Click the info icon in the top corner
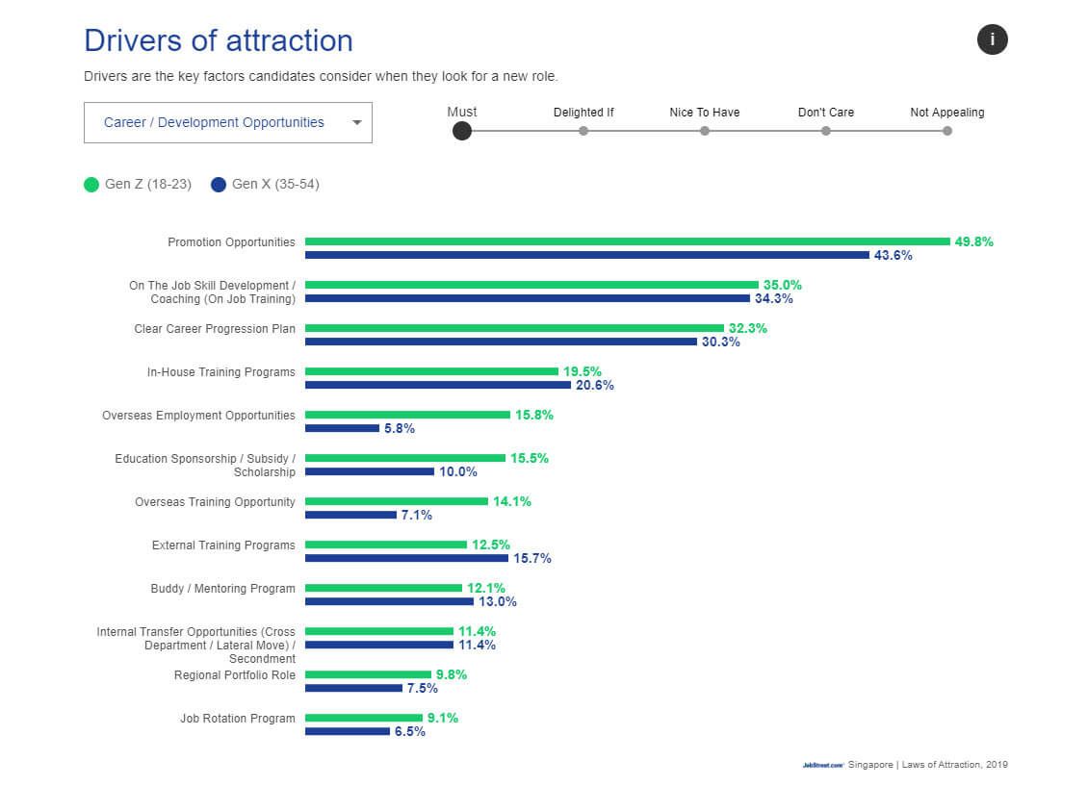pos(992,39)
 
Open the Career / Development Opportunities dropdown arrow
pos(357,123)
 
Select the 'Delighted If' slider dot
pos(583,131)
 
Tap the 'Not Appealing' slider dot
pos(947,131)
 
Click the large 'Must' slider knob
pos(462,131)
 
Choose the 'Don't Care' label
pos(825,113)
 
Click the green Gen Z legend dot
pos(91,185)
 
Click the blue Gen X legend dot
pos(219,185)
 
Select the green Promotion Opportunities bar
pos(627,241)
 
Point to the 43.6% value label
pos(893,256)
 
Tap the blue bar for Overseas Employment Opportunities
pos(342,428)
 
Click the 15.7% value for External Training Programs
pos(531,559)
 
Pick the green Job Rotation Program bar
pos(364,718)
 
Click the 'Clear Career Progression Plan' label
pos(215,329)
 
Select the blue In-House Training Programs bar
pos(437,385)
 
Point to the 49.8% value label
pos(973,242)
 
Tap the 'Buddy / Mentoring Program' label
pos(222,589)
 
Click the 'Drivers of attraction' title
pos(219,40)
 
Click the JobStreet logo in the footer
pos(822,766)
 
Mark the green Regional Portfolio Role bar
pos(368,674)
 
